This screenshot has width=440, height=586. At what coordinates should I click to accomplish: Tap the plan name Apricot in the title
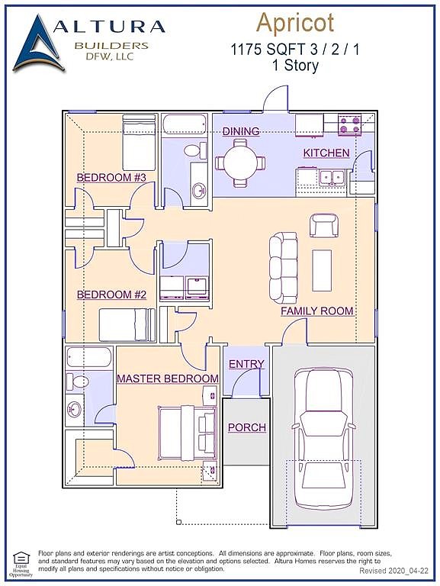point(295,23)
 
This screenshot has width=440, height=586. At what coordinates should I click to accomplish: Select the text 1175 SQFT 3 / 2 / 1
point(295,50)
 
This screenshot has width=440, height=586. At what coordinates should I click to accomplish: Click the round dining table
point(239,163)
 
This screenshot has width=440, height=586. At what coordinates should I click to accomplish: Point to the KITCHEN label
point(326,153)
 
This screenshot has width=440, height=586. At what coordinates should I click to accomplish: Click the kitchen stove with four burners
point(349,124)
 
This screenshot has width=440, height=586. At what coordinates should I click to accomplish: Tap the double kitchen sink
point(332,177)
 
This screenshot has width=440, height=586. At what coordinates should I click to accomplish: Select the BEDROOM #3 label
point(111,178)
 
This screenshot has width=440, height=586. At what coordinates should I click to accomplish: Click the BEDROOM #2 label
point(111,295)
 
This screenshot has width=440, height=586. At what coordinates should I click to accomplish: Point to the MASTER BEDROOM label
point(167,378)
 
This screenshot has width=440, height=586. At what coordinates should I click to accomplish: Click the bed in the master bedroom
point(188,431)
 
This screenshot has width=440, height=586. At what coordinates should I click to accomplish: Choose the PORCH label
point(247,427)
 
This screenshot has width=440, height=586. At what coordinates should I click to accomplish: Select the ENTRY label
point(246,365)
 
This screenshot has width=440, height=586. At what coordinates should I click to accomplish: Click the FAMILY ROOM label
point(316,311)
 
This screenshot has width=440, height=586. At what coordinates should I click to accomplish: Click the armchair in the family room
point(323,225)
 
